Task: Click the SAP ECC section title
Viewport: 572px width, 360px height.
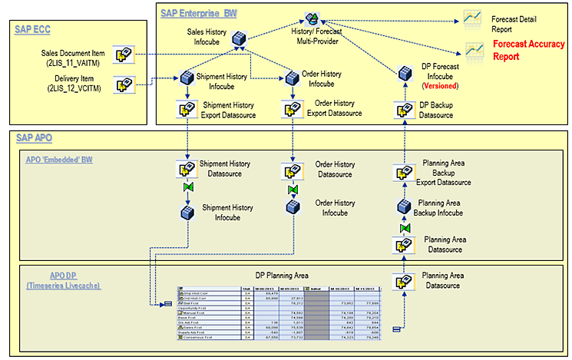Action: coord(35,29)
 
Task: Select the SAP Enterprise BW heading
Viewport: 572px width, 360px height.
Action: coord(200,13)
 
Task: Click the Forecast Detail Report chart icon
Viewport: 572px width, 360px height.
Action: coord(472,17)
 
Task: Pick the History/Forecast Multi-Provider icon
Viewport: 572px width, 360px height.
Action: coord(312,19)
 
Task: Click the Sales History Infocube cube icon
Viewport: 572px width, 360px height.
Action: coord(240,37)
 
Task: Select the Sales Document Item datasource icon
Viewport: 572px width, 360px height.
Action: coord(123,54)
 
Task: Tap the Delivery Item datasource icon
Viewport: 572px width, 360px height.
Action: coord(123,85)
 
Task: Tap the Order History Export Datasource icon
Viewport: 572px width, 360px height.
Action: coord(292,109)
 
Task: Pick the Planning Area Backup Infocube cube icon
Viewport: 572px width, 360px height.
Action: coord(405,206)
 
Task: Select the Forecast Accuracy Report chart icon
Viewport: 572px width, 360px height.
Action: coord(472,51)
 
